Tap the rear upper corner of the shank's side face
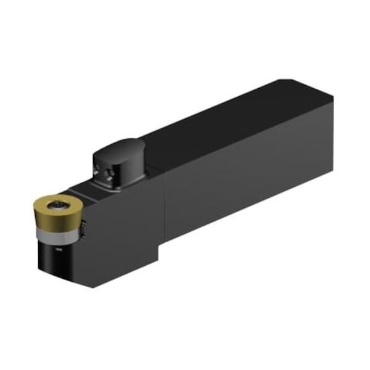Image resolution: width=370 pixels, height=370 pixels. click(332, 102)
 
